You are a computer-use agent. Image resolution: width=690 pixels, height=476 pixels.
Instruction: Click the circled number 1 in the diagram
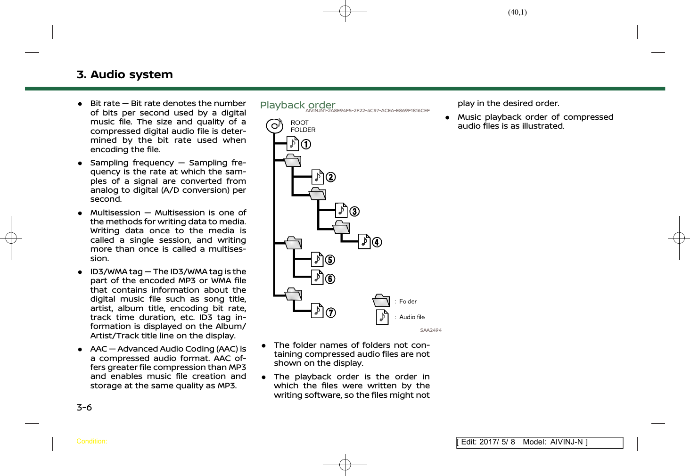pos(306,144)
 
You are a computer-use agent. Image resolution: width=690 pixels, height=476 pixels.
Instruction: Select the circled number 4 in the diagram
pos(377,242)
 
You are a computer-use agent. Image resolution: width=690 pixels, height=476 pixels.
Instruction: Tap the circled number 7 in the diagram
pos(331,312)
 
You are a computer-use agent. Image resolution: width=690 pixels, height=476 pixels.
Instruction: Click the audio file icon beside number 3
pos(341,210)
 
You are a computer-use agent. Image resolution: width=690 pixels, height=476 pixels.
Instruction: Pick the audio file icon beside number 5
pos(317,260)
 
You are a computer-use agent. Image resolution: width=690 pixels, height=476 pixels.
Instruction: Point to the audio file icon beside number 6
pos(317,278)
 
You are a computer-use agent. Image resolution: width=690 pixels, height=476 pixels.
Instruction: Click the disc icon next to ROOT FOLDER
pos(274,125)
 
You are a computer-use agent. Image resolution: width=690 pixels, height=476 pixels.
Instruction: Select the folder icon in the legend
pos(381,301)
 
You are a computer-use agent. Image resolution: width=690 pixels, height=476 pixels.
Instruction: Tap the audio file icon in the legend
pos(382,317)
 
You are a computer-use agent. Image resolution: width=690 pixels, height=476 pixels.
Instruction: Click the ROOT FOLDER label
pos(303,126)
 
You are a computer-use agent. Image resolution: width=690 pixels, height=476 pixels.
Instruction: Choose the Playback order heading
pos(297,105)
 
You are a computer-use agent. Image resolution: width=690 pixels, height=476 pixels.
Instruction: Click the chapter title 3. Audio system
pos(124,74)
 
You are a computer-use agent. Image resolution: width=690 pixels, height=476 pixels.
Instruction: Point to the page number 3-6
pos(84,407)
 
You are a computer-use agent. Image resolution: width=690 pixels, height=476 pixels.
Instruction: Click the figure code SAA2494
pos(431,330)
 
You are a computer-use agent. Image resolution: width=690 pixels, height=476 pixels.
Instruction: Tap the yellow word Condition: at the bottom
pos(91,442)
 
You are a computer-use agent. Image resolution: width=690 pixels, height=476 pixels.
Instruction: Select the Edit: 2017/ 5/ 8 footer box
pos(539,442)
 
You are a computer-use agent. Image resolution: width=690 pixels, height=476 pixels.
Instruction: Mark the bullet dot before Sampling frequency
pos(81,163)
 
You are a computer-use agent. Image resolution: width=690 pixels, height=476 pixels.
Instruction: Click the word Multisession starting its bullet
pos(115,213)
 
